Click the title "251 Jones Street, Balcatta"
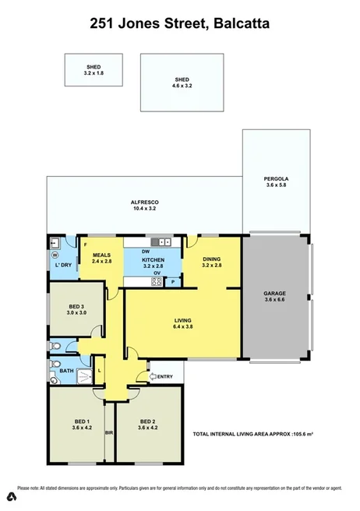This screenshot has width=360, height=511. [x=180, y=23]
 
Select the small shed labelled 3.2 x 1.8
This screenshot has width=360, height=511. [x=94, y=70]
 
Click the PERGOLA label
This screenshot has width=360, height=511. [x=276, y=183]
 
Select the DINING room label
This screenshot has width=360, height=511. [x=212, y=262]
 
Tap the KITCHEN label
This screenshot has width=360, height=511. [x=152, y=262]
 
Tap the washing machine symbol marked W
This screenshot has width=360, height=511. [x=55, y=255]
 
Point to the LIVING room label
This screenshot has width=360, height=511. [x=184, y=323]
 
